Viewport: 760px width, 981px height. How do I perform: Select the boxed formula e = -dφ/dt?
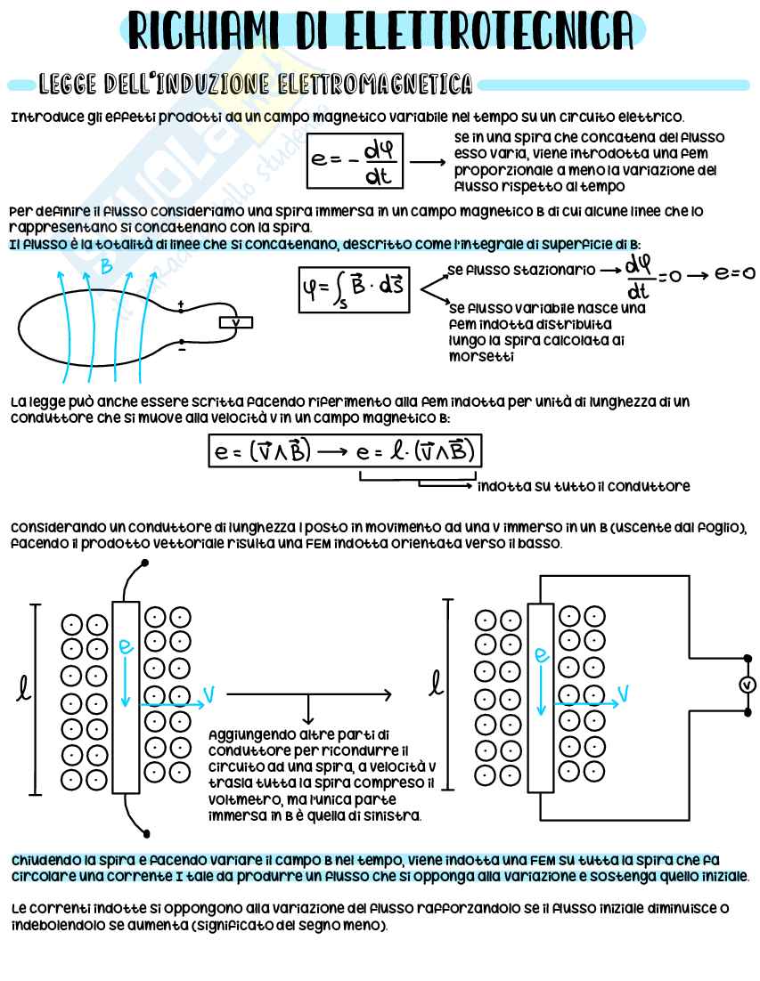[355, 160]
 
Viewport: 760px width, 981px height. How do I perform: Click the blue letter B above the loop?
[106, 265]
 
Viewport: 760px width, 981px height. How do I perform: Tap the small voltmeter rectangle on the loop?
[235, 323]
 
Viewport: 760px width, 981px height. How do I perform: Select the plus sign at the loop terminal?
[182, 305]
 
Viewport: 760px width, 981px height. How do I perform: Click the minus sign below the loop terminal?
[182, 351]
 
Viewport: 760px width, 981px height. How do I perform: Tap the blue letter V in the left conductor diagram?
[208, 693]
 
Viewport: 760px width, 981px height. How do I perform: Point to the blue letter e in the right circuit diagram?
[540, 654]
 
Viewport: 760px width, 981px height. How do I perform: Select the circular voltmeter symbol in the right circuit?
[748, 685]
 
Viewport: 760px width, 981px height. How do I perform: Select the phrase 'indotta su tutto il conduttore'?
[584, 487]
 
